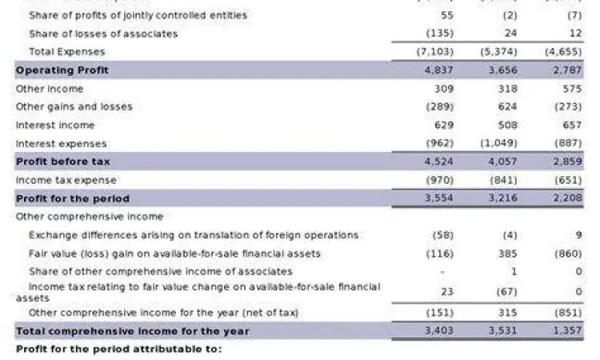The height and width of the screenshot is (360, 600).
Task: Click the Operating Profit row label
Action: click(62, 70)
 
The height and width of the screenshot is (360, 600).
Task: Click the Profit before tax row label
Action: click(63, 162)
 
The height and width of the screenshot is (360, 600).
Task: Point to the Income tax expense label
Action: click(66, 180)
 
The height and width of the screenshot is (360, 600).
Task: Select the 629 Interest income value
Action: click(444, 126)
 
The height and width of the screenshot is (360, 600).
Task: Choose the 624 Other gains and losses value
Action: click(507, 106)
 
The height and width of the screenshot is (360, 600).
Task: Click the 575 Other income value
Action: click(571, 89)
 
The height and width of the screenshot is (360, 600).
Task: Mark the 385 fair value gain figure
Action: click(507, 254)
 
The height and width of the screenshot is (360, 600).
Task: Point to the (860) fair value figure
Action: click(567, 254)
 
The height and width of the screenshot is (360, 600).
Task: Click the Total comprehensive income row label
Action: click(133, 331)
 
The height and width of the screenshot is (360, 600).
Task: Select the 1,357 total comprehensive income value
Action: click(566, 331)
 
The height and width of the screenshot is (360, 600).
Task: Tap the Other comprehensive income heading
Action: click(90, 217)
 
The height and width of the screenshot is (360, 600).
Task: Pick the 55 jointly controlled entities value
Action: click(447, 15)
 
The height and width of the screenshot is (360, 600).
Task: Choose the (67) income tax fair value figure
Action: click(506, 292)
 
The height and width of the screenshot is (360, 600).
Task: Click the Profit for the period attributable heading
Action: click(118, 350)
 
